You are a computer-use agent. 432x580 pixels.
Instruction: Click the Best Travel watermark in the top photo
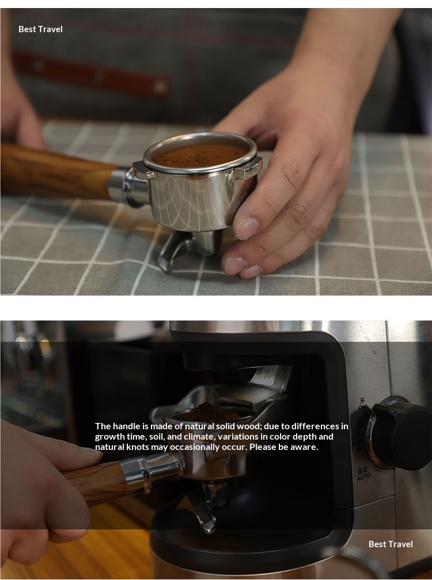point(40,29)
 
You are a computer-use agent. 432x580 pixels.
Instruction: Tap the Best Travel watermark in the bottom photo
point(391,544)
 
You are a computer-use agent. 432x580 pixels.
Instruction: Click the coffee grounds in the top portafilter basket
point(200,155)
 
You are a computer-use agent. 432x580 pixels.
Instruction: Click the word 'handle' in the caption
point(126,426)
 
